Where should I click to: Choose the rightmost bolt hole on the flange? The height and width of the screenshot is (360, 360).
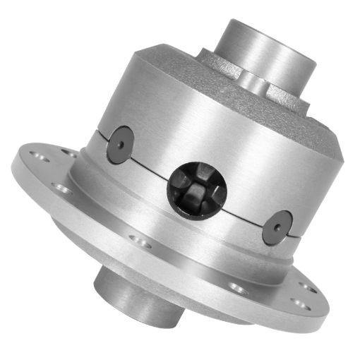(x=311, y=288)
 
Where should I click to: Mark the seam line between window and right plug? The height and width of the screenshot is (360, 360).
(x=244, y=211)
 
